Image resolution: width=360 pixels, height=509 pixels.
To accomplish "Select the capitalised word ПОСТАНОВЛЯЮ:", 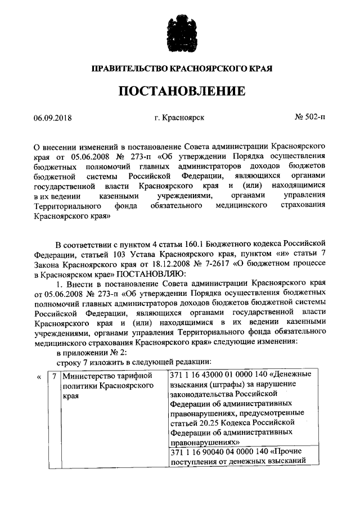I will click(146, 274).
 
